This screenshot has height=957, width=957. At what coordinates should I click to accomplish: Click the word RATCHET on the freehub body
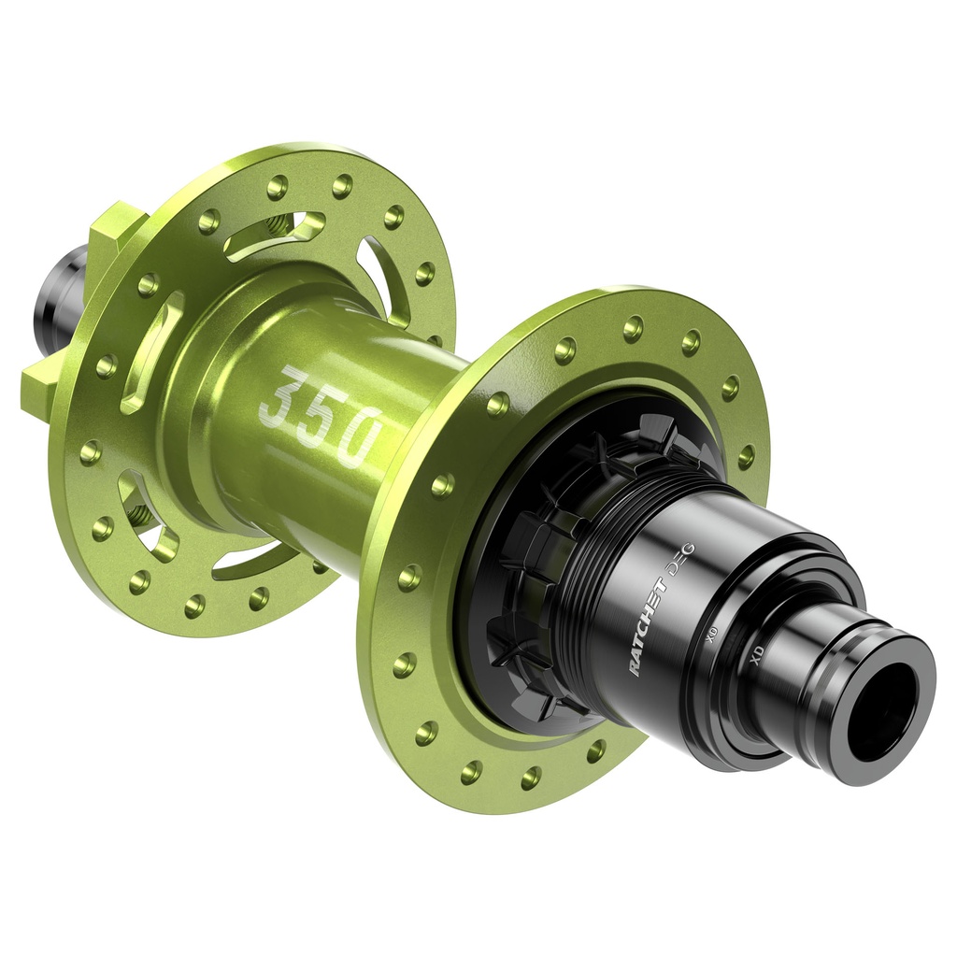(647, 626)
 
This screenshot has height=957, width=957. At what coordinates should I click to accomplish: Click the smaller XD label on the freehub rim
(712, 636)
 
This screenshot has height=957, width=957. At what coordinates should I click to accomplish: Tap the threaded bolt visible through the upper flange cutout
(278, 225)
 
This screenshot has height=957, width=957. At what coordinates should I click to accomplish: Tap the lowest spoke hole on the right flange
(531, 777)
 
